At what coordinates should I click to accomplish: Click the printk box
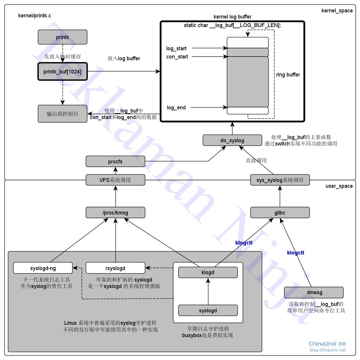point(62,37)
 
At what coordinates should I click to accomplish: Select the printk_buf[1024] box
point(62,72)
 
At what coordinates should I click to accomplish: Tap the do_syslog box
point(232,140)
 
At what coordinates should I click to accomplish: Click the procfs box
point(115,162)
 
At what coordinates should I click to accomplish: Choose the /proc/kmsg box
point(115,213)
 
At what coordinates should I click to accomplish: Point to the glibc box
point(280,213)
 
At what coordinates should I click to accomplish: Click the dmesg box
point(314,293)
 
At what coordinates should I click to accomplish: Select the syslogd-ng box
point(43,268)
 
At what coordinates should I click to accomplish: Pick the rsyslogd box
point(115,268)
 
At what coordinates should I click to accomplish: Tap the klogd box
point(208,272)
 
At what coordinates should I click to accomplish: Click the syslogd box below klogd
point(208,311)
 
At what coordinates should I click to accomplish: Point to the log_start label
point(176,48)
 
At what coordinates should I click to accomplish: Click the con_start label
point(177,57)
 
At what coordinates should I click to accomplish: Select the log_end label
point(176,108)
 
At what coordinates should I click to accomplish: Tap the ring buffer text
point(288,75)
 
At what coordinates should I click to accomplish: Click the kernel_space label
point(337,11)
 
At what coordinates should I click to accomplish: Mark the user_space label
point(339,186)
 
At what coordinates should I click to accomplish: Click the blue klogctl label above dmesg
point(295,253)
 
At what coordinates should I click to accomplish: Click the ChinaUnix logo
point(327,346)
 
